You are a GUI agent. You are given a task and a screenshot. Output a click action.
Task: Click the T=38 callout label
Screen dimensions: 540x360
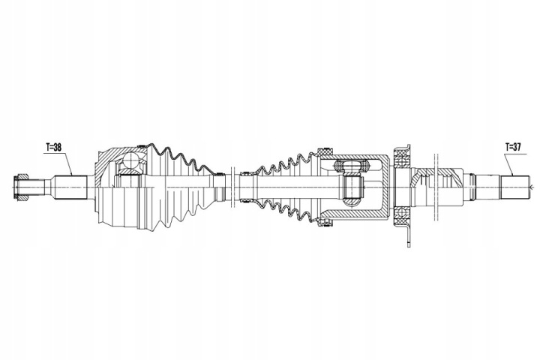click(53, 147)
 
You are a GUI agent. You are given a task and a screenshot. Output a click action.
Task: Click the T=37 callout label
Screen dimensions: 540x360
click(513, 147)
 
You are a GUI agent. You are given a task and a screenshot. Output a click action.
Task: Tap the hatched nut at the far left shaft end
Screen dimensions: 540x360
click(21, 187)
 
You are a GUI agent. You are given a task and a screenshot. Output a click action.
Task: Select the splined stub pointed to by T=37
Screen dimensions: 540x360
click(514, 187)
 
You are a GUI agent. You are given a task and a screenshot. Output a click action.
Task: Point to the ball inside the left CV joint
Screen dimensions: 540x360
click(131, 160)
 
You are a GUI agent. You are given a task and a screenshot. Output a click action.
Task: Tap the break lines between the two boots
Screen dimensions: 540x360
click(232, 187)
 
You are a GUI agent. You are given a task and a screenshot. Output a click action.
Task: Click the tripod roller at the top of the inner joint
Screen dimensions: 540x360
click(351, 165)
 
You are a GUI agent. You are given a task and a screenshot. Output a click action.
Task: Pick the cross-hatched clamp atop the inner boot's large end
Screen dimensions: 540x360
click(325, 151)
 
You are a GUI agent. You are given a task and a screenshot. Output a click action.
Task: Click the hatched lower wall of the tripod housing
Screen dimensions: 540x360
click(355, 214)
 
